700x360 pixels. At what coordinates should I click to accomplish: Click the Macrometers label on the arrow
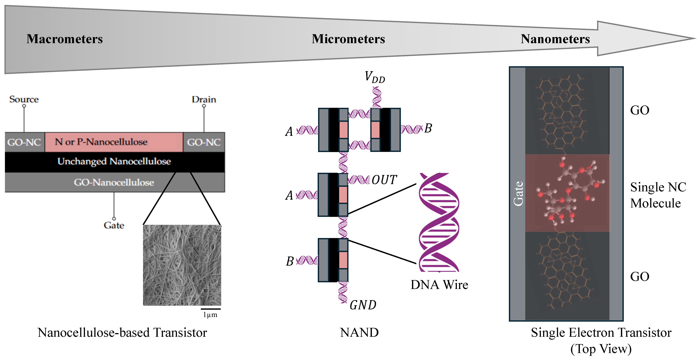pos(64,39)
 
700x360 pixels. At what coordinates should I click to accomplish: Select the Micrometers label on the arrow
pos(348,39)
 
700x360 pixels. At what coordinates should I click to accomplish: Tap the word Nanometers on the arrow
pos(555,39)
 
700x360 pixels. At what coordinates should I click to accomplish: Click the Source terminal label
pos(24,99)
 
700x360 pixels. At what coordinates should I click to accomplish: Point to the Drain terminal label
pos(204,100)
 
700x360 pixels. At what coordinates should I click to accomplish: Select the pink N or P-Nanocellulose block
pos(114,142)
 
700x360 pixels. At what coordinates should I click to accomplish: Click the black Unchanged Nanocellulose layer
pos(114,162)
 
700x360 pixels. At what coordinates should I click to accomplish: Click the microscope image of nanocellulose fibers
pos(182,265)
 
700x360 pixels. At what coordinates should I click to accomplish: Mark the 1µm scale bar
pos(211,309)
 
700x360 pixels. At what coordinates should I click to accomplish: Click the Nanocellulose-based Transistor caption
pos(122,333)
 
